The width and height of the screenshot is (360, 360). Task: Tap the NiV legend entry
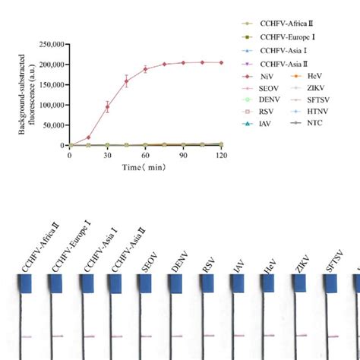point(271,77)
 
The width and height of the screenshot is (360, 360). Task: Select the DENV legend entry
point(274,103)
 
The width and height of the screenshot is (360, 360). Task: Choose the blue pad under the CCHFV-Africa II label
point(27,283)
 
